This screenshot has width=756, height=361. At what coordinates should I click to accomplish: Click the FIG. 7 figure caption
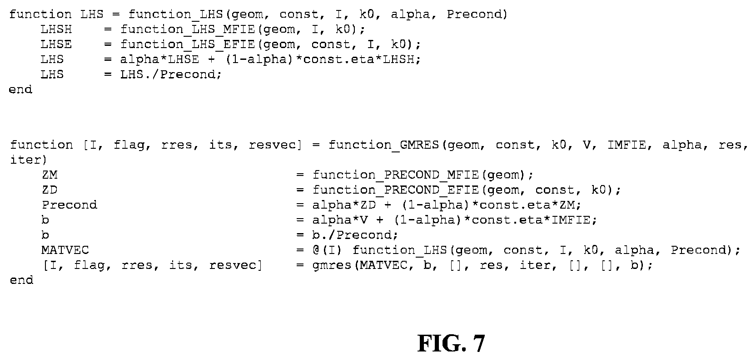tap(451, 343)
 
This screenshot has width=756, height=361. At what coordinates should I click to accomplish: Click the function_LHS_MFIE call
tap(187, 29)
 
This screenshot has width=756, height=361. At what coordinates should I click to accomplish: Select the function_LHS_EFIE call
tap(187, 44)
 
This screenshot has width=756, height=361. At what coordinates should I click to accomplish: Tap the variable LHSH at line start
tap(56, 29)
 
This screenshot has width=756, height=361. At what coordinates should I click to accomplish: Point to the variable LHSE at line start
tap(56, 44)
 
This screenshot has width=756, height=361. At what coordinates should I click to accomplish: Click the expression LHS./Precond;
tap(171, 74)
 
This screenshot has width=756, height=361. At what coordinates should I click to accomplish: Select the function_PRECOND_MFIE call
tap(396, 175)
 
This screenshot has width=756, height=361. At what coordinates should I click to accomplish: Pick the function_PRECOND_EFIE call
tap(396, 190)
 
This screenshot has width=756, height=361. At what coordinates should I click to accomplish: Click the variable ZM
tap(50, 175)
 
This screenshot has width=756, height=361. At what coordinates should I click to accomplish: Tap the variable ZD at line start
tap(50, 190)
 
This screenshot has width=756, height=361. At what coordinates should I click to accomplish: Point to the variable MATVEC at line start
tap(65, 250)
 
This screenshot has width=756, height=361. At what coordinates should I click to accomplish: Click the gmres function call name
tap(331, 265)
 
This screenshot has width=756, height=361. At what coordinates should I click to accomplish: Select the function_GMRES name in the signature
tap(383, 145)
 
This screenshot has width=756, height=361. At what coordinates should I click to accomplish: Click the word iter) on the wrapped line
tap(28, 160)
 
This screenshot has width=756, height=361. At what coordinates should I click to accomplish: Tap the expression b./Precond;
tap(355, 235)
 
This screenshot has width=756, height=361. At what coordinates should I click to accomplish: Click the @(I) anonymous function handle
tap(327, 250)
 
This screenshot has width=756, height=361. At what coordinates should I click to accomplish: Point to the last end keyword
tap(22, 280)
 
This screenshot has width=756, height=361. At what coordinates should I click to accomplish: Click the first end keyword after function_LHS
tap(20, 90)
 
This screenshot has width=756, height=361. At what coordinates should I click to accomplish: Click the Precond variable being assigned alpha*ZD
tap(70, 205)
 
